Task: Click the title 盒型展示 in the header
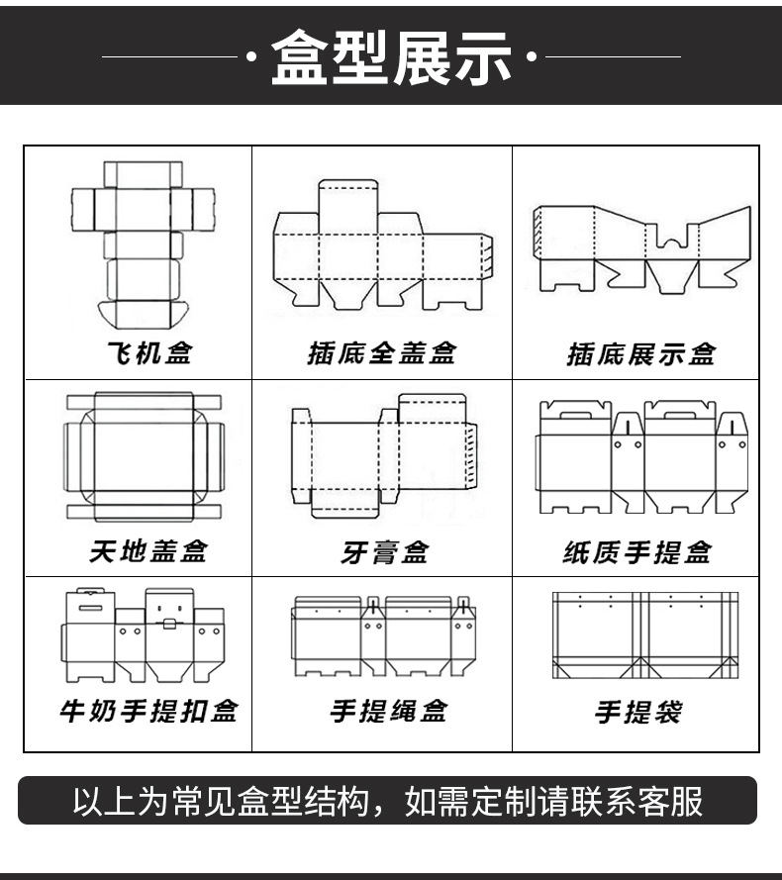pyautogui.click(x=391, y=56)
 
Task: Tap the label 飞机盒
pyautogui.click(x=148, y=352)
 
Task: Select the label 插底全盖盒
pyautogui.click(x=381, y=353)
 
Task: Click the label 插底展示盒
pyautogui.click(x=640, y=353)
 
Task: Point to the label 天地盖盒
pyautogui.click(x=148, y=550)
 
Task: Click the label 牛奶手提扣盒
pyautogui.click(x=147, y=711)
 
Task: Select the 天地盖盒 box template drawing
pyautogui.click(x=144, y=456)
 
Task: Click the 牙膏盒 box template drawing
pyautogui.click(x=384, y=455)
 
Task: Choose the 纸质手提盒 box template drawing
pyautogui.click(x=641, y=456)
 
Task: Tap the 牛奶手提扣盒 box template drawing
pyautogui.click(x=144, y=635)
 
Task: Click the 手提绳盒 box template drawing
pyautogui.click(x=384, y=635)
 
